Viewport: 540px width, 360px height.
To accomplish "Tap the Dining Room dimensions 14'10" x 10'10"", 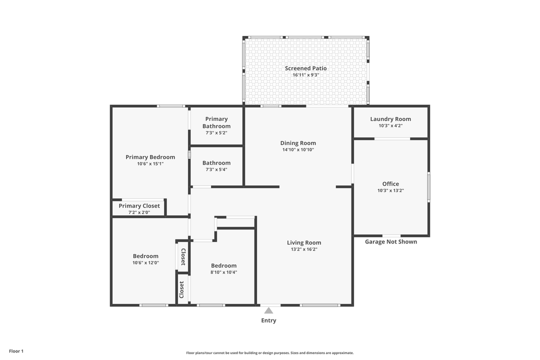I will (298, 149).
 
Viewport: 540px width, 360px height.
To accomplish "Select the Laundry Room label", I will (390, 119).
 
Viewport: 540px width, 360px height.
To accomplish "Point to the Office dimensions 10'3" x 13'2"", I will (390, 190).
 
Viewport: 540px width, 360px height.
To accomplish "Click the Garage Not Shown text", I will (390, 242).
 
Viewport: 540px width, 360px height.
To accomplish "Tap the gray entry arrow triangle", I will (268, 310).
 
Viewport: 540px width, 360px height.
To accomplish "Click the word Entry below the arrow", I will (268, 320).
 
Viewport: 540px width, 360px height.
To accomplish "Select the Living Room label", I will (304, 242).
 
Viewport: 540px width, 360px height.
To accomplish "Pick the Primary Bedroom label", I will (150, 157).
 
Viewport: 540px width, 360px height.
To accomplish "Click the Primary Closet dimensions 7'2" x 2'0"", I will (139, 212).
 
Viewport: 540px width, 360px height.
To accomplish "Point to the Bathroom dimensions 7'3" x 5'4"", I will (216, 169).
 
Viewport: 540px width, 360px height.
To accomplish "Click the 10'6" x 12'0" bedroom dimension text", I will (145, 262).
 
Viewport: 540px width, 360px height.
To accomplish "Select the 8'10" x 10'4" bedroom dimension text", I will (223, 272).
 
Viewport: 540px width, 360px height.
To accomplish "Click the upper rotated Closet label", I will (183, 256).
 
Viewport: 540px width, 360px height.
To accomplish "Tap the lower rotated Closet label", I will (182, 289).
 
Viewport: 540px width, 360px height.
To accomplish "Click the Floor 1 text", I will (16, 351).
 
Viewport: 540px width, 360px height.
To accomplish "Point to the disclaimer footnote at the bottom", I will (270, 352).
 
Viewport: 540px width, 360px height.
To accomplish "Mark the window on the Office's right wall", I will (428, 187).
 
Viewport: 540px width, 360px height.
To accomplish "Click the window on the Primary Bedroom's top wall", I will (171, 106).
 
